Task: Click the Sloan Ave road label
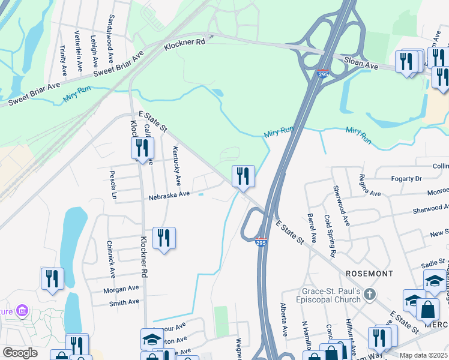(x=361, y=63)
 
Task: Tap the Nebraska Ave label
(x=169, y=194)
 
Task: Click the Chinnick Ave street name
(x=111, y=259)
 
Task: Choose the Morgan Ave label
(x=121, y=289)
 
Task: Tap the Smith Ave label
(x=124, y=303)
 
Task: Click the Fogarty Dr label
(x=407, y=178)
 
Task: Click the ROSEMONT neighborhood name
(x=370, y=273)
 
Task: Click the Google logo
(x=19, y=353)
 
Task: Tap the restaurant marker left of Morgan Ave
(x=52, y=278)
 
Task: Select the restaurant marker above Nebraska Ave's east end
(x=243, y=176)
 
